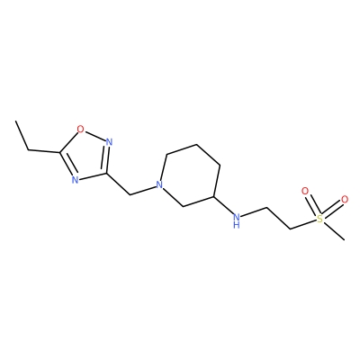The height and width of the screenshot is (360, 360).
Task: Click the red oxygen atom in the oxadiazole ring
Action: [80, 129]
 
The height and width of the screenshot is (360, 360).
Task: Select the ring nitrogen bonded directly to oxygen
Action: [109, 141]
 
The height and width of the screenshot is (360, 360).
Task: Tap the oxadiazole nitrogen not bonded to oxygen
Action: [75, 180]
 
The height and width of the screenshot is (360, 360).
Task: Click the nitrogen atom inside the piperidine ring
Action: [160, 184]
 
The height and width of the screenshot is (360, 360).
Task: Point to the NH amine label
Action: [237, 220]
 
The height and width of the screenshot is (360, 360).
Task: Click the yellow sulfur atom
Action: [320, 219]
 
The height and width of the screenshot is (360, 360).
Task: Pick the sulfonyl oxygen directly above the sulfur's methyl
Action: [345, 199]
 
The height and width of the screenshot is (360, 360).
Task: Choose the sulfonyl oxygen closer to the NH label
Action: [305, 191]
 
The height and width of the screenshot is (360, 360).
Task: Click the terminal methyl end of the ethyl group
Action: [15, 121]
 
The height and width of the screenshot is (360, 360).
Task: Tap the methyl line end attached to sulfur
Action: [344, 239]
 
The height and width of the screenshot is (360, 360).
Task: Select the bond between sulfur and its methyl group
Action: [334, 231]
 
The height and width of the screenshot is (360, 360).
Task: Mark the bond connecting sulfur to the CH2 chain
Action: [303, 225]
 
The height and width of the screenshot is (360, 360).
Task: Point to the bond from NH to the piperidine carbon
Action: [224, 205]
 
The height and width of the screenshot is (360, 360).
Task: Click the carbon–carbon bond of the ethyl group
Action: [22, 136]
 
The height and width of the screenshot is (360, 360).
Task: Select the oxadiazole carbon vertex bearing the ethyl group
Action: [60, 152]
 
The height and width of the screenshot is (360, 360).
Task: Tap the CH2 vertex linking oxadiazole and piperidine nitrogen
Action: [130, 195]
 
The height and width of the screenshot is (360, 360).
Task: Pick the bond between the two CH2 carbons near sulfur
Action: [278, 219]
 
